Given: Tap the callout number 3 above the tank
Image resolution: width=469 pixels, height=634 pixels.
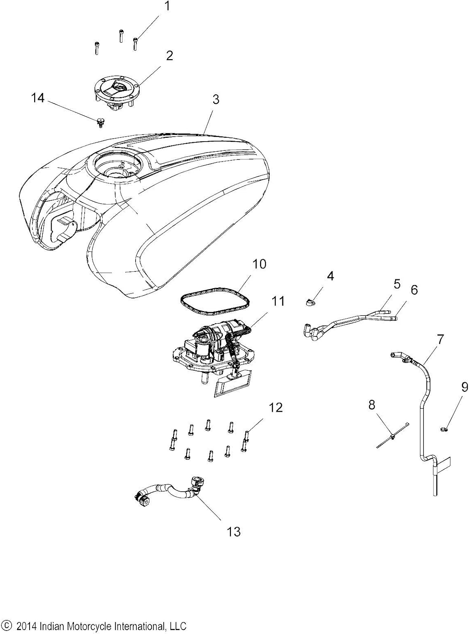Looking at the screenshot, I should tap(216, 100).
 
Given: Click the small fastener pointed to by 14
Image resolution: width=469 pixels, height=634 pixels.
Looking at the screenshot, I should tap(100, 123).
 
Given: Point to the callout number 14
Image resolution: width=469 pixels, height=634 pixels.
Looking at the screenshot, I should tap(38, 98).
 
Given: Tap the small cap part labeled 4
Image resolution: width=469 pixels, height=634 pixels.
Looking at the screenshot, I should tap(310, 302).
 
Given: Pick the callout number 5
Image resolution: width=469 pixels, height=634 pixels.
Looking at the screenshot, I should tap(397, 284).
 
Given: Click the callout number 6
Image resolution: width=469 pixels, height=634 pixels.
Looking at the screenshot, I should tap(414, 290).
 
